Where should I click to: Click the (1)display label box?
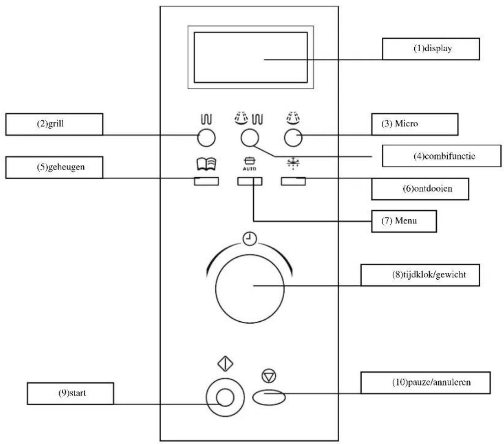point(430,49)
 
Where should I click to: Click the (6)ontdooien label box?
point(420,188)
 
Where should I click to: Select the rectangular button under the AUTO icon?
point(249,181)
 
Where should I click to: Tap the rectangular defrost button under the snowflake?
point(293,181)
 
